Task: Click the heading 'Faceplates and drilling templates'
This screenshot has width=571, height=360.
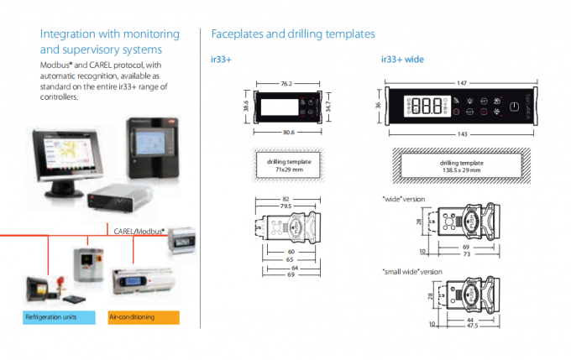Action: [292, 34]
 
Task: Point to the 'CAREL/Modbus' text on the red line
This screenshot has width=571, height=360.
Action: [139, 228]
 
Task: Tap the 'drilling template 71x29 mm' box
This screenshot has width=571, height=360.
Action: [288, 164]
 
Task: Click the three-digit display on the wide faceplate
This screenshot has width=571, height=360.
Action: [427, 107]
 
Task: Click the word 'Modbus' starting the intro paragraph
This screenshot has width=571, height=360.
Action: [55, 65]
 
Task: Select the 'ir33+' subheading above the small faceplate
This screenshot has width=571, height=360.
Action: [221, 60]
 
